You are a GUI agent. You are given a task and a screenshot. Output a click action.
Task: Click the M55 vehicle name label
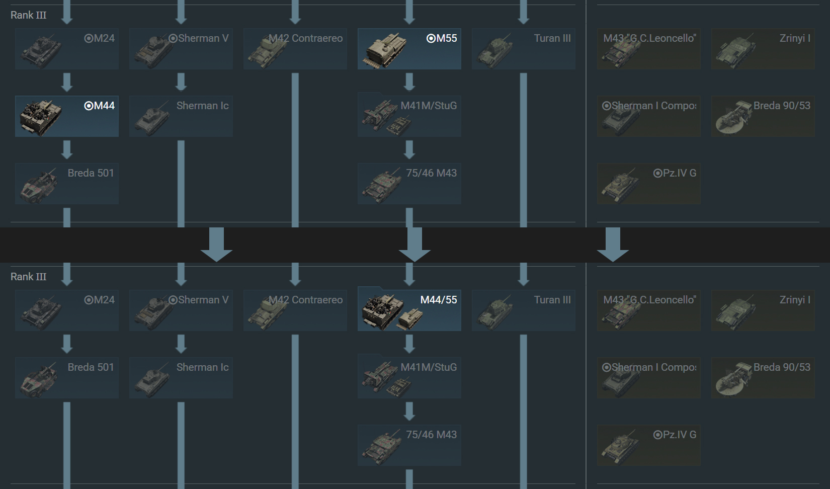[x=447, y=38]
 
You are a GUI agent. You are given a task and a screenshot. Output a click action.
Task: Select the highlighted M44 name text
[x=104, y=106]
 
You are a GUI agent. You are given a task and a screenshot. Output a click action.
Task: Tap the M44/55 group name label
[x=439, y=300]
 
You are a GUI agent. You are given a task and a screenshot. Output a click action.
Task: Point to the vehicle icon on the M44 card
[x=41, y=117]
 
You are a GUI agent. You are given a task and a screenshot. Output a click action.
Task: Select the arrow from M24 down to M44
[x=67, y=82]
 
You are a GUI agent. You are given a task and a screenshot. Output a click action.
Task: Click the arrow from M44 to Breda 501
[x=67, y=149]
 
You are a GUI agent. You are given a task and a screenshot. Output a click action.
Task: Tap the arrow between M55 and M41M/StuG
[x=409, y=82]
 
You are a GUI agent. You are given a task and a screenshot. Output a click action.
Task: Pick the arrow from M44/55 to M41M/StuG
[x=409, y=344]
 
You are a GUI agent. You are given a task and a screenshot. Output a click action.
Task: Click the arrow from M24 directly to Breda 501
[x=67, y=344]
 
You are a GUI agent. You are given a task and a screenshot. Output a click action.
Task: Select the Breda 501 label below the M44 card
[x=91, y=173]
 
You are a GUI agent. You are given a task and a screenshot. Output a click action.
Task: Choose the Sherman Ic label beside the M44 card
[x=202, y=106]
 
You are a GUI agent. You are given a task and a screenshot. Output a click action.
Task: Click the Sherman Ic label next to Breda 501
[x=202, y=367]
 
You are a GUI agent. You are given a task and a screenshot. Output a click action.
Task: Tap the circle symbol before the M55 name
[x=431, y=38]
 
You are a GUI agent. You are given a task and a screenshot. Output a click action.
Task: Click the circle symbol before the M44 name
[x=89, y=106]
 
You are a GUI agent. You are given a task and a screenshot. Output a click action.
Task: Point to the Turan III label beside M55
[x=552, y=38]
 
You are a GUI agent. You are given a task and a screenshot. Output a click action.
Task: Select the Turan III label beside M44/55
[x=552, y=300]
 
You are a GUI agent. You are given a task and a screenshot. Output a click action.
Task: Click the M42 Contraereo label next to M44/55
[x=306, y=300]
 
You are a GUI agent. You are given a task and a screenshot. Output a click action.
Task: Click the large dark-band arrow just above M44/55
[x=414, y=244]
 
